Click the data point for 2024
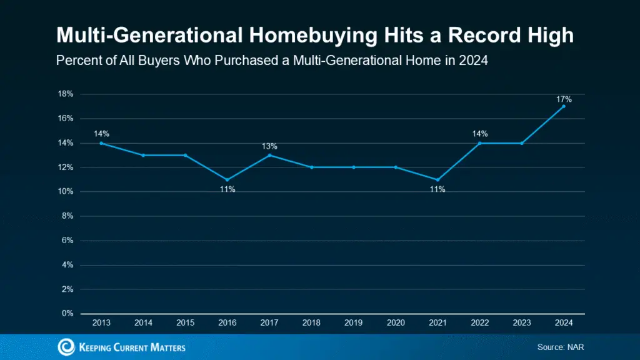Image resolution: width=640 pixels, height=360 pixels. pyautogui.click(x=564, y=106)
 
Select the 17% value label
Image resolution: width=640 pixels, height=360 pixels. pyautogui.click(x=564, y=99)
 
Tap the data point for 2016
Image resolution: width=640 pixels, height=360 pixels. pyautogui.click(x=227, y=179)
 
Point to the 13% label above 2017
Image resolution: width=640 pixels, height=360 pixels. pyautogui.click(x=269, y=146)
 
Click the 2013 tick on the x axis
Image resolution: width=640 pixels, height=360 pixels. pyautogui.click(x=101, y=323)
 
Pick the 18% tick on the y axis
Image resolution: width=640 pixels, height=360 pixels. pyautogui.click(x=66, y=94)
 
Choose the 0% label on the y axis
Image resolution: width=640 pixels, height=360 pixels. pyautogui.click(x=67, y=314)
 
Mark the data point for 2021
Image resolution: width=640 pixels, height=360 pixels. pyautogui.click(x=437, y=179)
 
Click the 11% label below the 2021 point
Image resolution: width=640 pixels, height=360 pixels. pyautogui.click(x=437, y=189)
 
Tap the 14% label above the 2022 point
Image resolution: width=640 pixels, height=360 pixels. pyautogui.click(x=479, y=134)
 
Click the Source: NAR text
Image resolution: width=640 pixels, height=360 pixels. pyautogui.click(x=561, y=347)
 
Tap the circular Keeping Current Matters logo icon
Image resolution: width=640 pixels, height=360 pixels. pyautogui.click(x=66, y=347)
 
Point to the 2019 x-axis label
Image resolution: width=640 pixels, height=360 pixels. pyautogui.click(x=354, y=323)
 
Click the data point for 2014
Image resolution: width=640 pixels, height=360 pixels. pyautogui.click(x=143, y=155)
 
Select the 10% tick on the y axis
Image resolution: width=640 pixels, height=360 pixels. pyautogui.click(x=66, y=192)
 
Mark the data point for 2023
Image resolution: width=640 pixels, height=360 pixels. pyautogui.click(x=522, y=143)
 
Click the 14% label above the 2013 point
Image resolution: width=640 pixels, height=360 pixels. pyautogui.click(x=102, y=134)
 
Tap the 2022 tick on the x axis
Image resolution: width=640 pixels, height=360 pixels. pyautogui.click(x=479, y=323)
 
